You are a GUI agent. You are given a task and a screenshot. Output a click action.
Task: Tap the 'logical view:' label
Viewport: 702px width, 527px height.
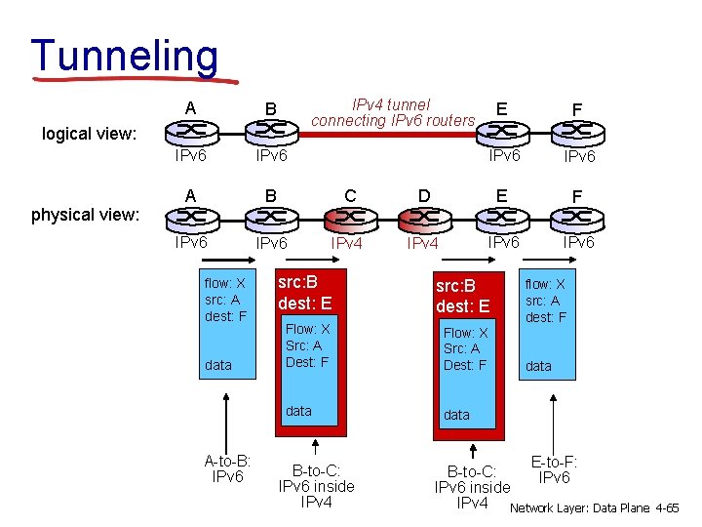(89, 134)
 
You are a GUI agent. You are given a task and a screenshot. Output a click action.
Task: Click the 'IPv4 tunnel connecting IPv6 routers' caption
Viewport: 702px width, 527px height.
(393, 112)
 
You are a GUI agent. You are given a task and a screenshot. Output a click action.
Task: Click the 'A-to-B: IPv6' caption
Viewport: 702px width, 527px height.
(227, 468)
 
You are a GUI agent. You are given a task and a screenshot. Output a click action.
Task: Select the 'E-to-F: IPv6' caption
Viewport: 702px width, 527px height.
(554, 469)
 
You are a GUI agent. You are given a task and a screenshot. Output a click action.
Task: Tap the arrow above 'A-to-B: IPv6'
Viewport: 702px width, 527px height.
(227, 420)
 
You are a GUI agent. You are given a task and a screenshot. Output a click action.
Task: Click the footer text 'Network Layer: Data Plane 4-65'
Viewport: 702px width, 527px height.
(594, 508)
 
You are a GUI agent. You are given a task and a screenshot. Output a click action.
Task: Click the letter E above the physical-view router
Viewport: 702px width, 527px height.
(501, 195)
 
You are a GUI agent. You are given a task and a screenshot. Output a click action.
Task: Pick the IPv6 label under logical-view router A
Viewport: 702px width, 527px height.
(190, 155)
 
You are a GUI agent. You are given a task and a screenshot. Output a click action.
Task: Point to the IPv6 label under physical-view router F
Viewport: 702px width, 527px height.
(579, 242)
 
